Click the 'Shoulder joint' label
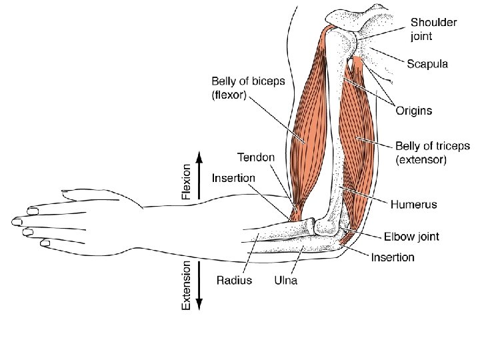click(x=433, y=28)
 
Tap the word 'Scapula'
click(x=427, y=64)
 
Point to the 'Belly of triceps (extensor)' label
click(x=433, y=153)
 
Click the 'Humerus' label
click(x=414, y=204)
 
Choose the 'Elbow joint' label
click(x=411, y=237)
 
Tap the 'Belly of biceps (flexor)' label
click(x=248, y=88)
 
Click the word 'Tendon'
click(x=255, y=157)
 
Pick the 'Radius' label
click(x=234, y=280)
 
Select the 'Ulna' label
click(x=286, y=280)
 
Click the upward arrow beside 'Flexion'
click(x=199, y=176)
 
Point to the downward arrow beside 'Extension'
click(x=199, y=287)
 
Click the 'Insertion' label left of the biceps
click(x=233, y=178)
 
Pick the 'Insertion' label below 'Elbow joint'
click(x=393, y=257)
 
